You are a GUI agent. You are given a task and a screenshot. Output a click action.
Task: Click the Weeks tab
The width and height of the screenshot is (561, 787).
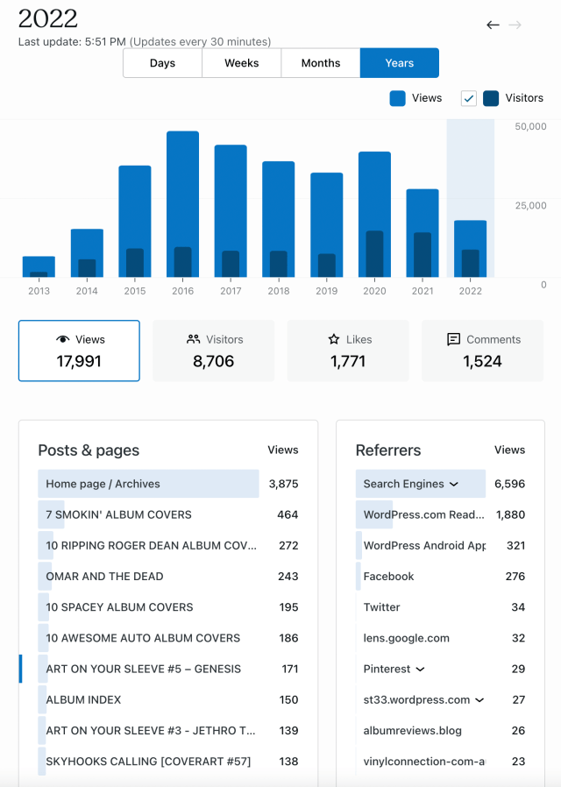pyautogui.click(x=241, y=63)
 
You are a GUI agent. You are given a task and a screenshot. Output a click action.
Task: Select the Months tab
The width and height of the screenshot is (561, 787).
pyautogui.click(x=321, y=63)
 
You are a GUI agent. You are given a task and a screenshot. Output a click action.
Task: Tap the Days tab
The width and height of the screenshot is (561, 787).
pyautogui.click(x=162, y=63)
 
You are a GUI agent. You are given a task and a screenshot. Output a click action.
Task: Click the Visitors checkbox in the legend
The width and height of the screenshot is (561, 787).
pyautogui.click(x=469, y=98)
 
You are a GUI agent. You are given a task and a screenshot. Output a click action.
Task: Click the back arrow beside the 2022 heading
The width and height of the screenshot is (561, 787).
pyautogui.click(x=493, y=25)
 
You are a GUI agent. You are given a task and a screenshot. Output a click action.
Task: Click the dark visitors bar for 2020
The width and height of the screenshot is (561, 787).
pyautogui.click(x=374, y=254)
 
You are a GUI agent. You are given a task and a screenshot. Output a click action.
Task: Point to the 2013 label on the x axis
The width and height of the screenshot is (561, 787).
pyautogui.click(x=39, y=291)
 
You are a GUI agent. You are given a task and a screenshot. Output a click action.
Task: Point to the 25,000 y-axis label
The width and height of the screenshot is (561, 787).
pyautogui.click(x=531, y=206)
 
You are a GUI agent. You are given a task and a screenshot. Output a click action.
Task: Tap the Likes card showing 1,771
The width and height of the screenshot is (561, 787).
pyautogui.click(x=348, y=351)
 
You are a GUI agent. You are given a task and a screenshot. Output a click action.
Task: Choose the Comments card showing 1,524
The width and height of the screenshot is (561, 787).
pyautogui.click(x=483, y=351)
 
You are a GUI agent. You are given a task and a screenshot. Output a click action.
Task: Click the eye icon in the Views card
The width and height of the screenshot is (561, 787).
pyautogui.click(x=62, y=339)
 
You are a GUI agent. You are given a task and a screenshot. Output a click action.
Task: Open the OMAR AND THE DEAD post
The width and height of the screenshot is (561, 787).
pyautogui.click(x=104, y=577)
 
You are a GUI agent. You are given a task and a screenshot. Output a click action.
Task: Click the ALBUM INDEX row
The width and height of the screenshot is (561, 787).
pyautogui.click(x=83, y=699)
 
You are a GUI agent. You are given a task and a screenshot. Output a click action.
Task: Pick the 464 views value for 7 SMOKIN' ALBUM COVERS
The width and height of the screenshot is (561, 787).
pyautogui.click(x=288, y=514)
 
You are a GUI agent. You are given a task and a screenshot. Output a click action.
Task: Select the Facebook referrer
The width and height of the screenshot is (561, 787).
pyautogui.click(x=388, y=577)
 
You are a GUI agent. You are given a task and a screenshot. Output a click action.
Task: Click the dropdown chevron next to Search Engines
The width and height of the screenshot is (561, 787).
pyautogui.click(x=453, y=484)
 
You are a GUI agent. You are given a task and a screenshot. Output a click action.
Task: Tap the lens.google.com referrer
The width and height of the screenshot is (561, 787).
pyautogui.click(x=406, y=638)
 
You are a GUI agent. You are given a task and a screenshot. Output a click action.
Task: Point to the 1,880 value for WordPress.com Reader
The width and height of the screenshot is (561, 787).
pyautogui.click(x=510, y=514)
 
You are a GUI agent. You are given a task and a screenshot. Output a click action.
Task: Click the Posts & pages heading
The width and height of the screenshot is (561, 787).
pyautogui.click(x=89, y=450)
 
